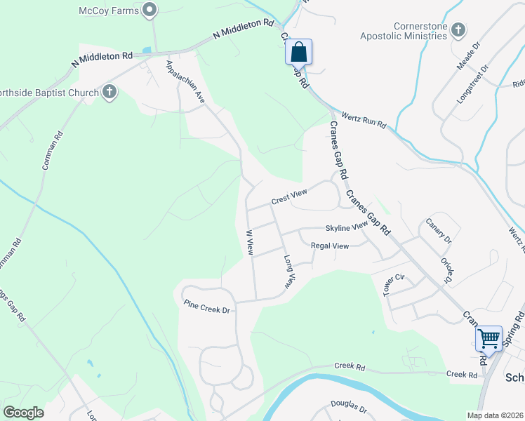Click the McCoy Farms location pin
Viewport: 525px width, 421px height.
click(149, 10)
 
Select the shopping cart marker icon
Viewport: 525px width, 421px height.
click(489, 338)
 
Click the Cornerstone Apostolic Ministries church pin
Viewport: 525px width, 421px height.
click(458, 29)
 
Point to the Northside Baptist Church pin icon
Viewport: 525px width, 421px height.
click(109, 92)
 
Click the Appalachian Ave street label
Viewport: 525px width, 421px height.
click(185, 83)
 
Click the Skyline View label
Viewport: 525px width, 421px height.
click(346, 227)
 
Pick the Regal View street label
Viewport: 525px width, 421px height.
click(330, 246)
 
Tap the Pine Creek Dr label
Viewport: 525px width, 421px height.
click(206, 307)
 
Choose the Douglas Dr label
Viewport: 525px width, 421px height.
click(348, 406)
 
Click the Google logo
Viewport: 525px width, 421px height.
click(24, 413)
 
